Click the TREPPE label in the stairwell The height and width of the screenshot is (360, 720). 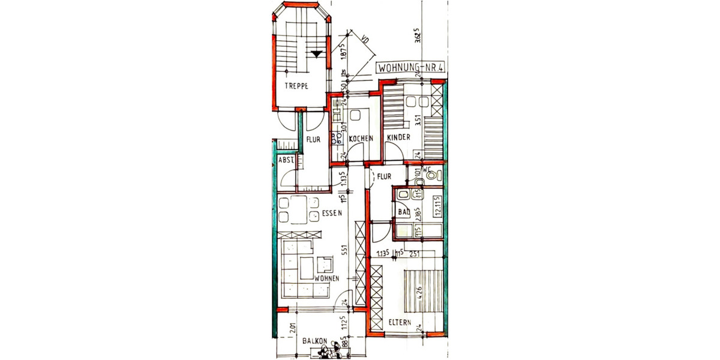296,86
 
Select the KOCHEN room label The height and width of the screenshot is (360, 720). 361,139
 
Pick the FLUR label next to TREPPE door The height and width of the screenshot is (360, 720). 313,139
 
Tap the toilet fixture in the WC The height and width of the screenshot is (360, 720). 437,176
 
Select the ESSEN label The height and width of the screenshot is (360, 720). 331,213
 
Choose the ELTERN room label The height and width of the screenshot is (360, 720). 399,322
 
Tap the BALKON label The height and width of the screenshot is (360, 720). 314,341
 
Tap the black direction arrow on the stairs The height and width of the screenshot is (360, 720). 316,54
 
